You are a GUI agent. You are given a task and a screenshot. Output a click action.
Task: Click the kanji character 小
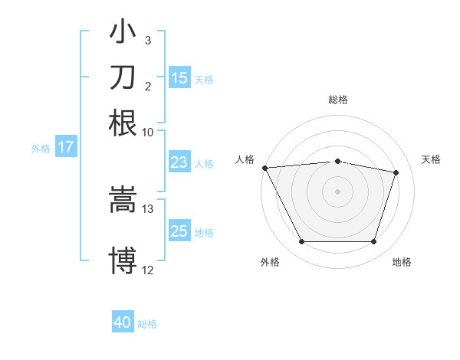click(x=123, y=33)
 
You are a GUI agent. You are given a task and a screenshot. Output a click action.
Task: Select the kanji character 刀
click(x=123, y=77)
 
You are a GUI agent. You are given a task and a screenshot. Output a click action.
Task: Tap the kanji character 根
click(x=123, y=123)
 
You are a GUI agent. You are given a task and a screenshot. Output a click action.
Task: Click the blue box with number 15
click(x=179, y=78)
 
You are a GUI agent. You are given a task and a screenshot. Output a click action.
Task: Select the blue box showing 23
click(x=179, y=162)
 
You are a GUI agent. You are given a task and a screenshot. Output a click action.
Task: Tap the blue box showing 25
click(x=179, y=231)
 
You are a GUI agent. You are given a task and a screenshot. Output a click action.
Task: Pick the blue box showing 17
click(x=66, y=147)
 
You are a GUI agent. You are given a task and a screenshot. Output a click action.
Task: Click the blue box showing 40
click(x=123, y=322)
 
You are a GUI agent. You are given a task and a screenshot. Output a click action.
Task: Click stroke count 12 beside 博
click(x=148, y=270)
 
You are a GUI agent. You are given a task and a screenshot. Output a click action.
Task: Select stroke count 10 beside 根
click(x=148, y=132)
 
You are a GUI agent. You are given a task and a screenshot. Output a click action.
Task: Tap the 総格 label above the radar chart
click(x=338, y=100)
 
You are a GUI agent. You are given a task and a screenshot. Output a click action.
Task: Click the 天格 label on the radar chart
click(x=431, y=159)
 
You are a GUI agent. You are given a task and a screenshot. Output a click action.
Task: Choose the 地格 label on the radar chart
click(x=402, y=262)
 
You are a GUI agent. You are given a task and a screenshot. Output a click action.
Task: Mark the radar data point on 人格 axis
click(x=264, y=168)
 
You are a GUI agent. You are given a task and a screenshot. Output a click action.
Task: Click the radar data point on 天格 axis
click(x=396, y=172)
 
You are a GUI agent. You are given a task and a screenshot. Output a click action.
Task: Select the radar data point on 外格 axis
click(x=301, y=242)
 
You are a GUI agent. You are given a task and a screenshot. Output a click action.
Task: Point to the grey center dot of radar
click(x=338, y=191)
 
